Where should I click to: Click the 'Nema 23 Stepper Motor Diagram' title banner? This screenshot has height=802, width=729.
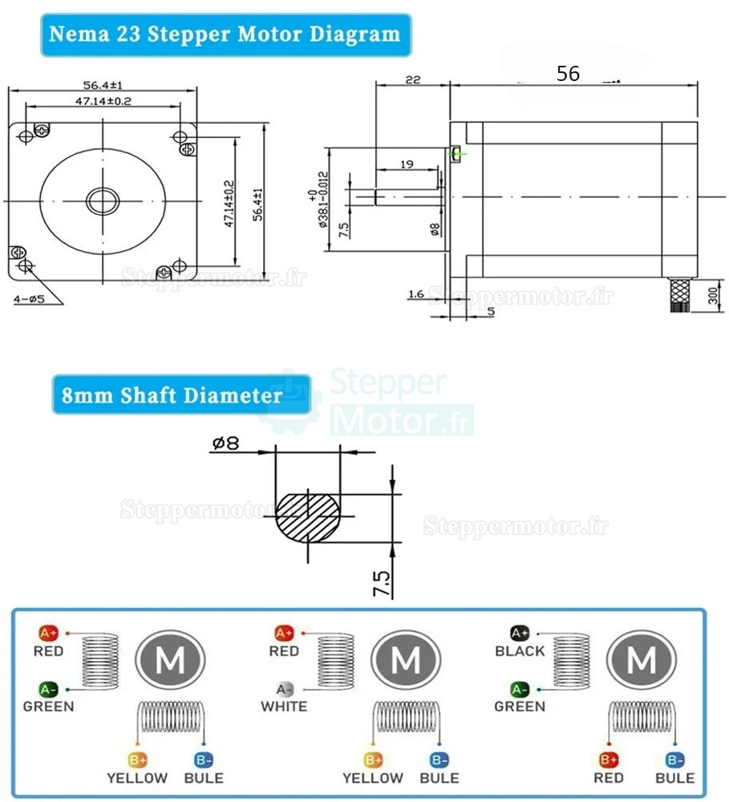click(225, 34)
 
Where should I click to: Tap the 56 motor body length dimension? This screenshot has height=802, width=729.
click(568, 74)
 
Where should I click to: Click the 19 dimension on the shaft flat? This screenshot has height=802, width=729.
click(406, 164)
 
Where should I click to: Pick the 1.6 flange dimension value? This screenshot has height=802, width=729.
click(415, 294)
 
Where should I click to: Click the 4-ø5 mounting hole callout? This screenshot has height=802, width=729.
click(30, 299)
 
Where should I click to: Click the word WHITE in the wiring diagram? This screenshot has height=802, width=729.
click(284, 707)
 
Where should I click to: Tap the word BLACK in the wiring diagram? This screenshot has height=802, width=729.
click(520, 651)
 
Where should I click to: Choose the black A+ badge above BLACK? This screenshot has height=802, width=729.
click(520, 633)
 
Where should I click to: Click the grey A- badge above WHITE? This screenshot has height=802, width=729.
click(284, 689)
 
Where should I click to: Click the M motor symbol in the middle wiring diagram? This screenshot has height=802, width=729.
click(406, 661)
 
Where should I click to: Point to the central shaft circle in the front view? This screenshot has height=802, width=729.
click(103, 200)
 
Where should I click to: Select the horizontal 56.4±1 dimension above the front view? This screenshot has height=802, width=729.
click(103, 85)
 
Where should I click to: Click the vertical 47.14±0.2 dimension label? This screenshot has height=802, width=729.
click(230, 203)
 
